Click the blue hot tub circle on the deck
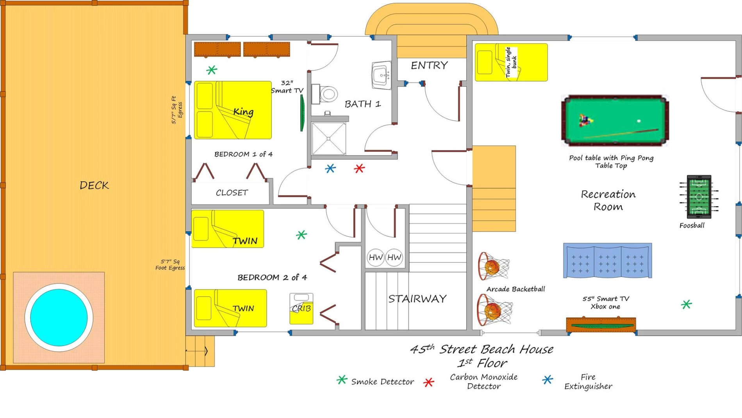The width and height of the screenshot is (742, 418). tap(59, 317)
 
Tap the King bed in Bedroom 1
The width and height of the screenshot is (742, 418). tap(233, 110)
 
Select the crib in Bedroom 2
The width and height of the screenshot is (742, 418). tap(301, 308)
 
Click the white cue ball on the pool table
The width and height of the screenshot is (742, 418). tap(639, 121)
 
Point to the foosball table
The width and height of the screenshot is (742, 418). tap(699, 197)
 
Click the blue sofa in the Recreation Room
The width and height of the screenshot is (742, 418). tap(607, 260)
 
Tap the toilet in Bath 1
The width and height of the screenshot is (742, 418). tap(325, 94)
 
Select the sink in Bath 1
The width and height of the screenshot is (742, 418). tap(381, 75)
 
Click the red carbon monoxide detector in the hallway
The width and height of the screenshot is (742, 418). tap(359, 168)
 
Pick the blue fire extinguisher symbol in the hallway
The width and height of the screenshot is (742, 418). tap(330, 168)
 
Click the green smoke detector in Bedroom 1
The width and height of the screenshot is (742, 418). tap(212, 70)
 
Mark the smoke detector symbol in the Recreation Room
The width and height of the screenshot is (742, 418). tap(686, 305)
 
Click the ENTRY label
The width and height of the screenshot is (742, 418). tap(429, 65)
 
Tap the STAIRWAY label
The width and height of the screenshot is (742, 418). tap(417, 299)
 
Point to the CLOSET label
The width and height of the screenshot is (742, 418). tap(232, 193)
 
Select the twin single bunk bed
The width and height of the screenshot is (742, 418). tap(511, 62)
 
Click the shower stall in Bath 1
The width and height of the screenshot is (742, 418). tap(328, 138)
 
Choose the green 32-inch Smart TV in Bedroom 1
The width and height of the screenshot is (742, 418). tap(302, 113)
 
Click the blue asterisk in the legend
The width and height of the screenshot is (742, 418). tap(548, 380)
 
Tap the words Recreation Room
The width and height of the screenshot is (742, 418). tap(608, 200)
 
